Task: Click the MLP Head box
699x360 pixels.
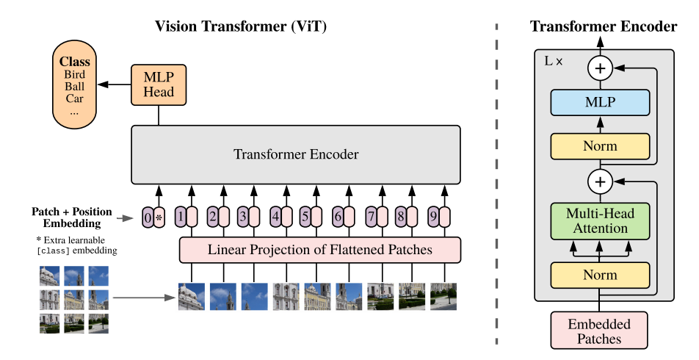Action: coord(159,84)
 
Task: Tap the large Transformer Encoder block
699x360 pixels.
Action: coord(296,154)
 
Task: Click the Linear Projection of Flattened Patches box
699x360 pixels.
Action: coord(319,250)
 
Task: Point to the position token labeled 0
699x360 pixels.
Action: coord(148,217)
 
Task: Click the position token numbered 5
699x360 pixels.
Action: coord(305,217)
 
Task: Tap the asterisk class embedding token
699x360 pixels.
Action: coord(159,217)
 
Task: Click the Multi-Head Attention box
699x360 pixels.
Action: coord(601,221)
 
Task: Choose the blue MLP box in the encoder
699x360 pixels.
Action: coord(601,103)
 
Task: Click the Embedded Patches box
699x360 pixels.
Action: coord(601,331)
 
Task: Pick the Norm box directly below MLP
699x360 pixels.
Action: coord(601,146)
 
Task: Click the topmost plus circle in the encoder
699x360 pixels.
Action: coord(601,68)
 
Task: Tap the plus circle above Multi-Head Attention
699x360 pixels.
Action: coord(601,180)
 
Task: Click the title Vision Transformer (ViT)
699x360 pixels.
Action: coord(241,26)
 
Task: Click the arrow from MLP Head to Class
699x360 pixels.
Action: coord(114,84)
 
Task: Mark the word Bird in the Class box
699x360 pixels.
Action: coord(75,75)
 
